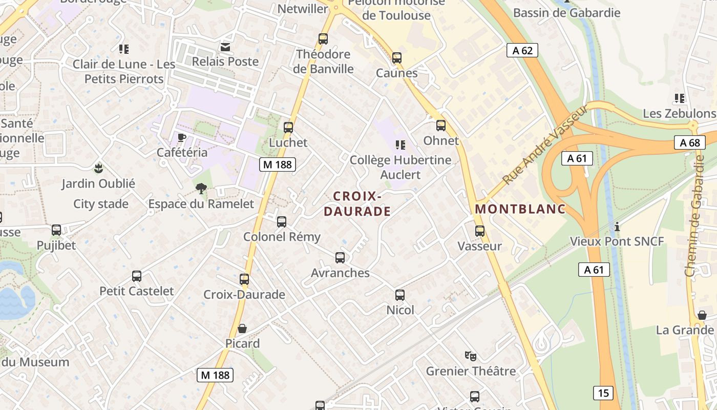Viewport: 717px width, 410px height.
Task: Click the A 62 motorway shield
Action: pyautogui.click(x=522, y=50)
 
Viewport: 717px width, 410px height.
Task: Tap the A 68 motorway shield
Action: pyautogui.click(x=690, y=142)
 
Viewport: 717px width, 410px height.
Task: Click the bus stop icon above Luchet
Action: pyautogui.click(x=288, y=128)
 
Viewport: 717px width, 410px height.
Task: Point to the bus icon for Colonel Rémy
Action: pyautogui.click(x=282, y=222)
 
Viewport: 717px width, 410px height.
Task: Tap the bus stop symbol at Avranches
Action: pyautogui.click(x=340, y=258)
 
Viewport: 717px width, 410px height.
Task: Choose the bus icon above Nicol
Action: pyautogui.click(x=400, y=295)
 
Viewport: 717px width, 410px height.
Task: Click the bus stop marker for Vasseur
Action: pyautogui.click(x=480, y=231)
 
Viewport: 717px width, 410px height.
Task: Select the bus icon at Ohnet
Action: pyautogui.click(x=441, y=126)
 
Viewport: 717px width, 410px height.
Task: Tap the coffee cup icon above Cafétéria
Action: pyautogui.click(x=181, y=137)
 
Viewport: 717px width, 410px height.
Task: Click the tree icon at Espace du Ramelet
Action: pyautogui.click(x=201, y=189)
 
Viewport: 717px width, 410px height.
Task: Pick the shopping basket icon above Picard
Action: pyautogui.click(x=242, y=329)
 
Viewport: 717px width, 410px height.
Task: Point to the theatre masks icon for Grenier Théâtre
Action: pyautogui.click(x=471, y=356)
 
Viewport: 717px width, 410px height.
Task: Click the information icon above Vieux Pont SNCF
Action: pyautogui.click(x=617, y=226)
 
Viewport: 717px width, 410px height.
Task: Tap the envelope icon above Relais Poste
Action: pyautogui.click(x=225, y=47)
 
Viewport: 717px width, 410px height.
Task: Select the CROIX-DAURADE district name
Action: pyautogui.click(x=357, y=203)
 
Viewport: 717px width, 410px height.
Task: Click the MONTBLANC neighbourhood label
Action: pyautogui.click(x=520, y=209)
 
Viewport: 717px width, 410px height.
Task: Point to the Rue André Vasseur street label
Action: pyautogui.click(x=545, y=145)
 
